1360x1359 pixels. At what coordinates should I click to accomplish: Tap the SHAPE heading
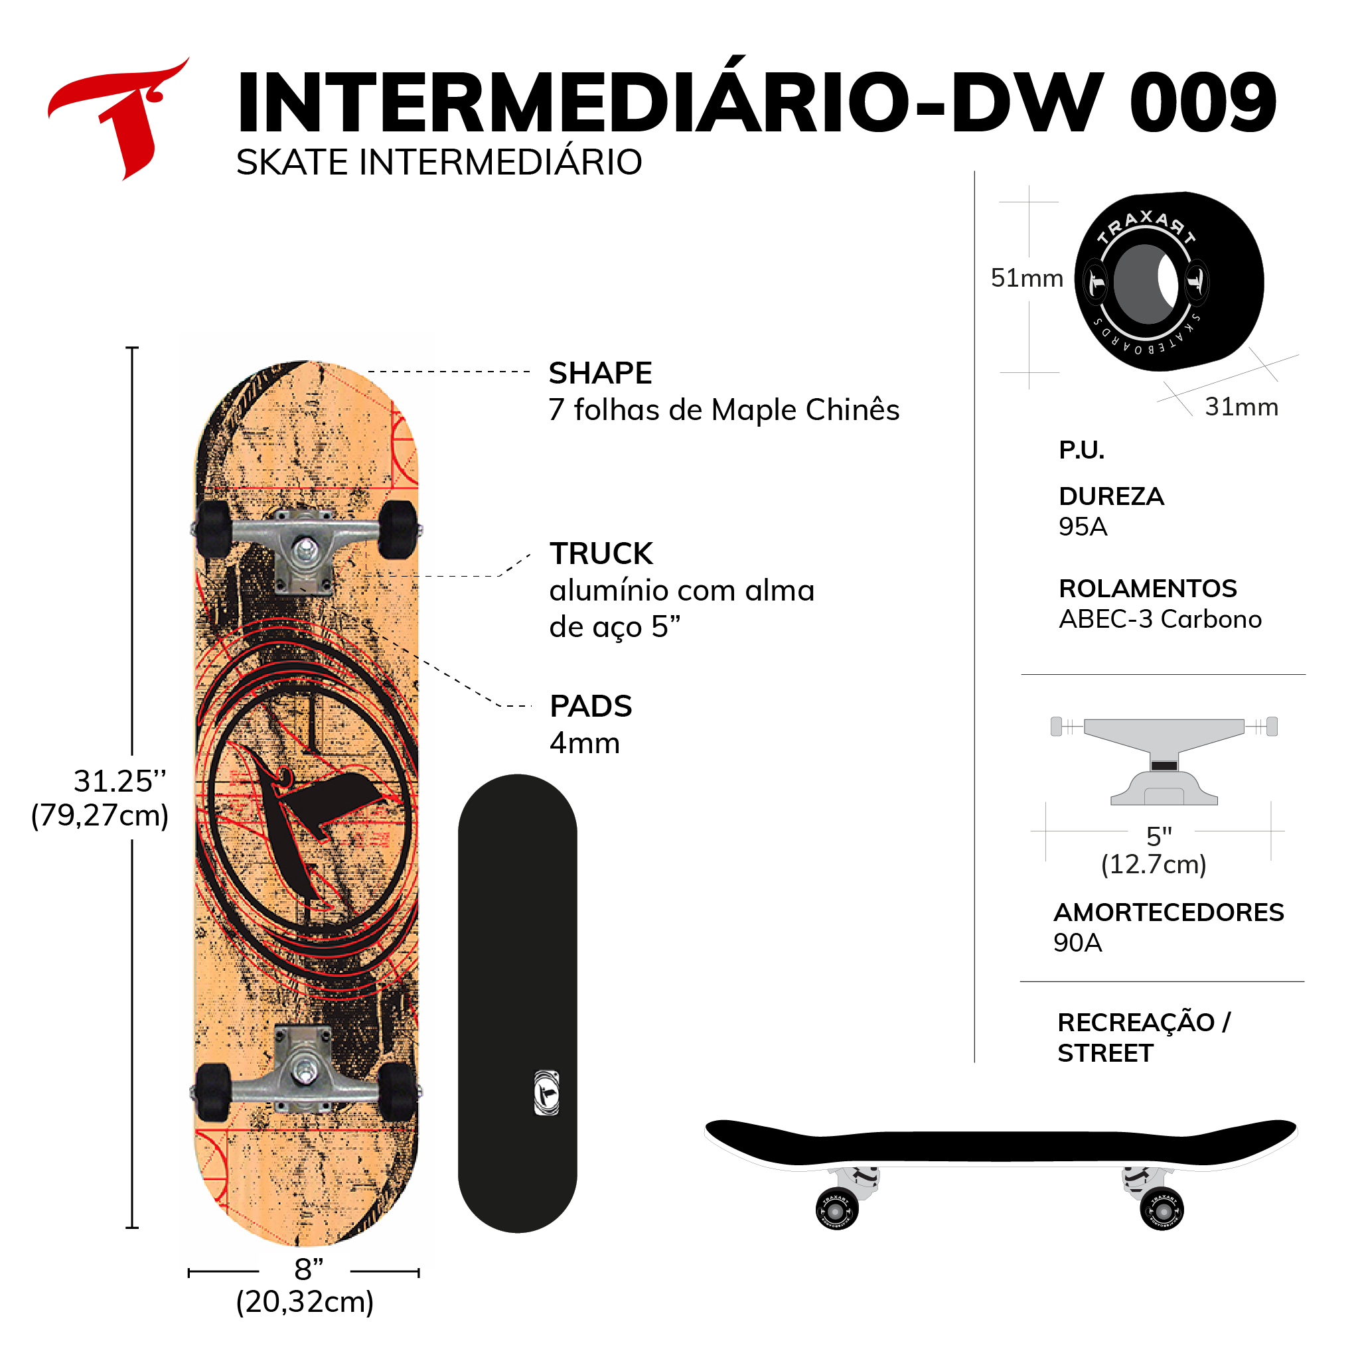pos(600,373)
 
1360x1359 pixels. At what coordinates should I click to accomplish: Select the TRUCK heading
pos(601,553)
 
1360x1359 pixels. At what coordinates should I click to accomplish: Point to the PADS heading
pos(590,706)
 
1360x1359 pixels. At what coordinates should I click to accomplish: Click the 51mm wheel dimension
pos(1026,278)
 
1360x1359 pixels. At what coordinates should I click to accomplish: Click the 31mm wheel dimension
pos(1241,407)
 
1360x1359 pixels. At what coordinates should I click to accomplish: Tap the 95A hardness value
pos(1083,526)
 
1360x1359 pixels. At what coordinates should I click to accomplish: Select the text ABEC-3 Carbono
pos(1160,618)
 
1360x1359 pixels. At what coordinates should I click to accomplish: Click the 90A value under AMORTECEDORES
pos(1077,942)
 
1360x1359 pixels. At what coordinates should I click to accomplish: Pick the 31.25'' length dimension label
pos(119,781)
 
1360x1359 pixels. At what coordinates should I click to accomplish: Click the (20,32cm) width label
pos(304,1302)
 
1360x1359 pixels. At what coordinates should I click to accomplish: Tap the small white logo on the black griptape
pos(546,1092)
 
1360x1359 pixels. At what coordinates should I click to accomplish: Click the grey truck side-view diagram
pos(1164,760)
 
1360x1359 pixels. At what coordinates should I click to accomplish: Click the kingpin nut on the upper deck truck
pos(305,547)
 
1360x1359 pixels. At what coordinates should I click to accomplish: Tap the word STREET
pos(1104,1053)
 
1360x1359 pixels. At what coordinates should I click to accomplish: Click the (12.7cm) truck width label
pos(1153,864)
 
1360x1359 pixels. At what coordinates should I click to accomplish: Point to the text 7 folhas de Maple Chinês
pos(723,409)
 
